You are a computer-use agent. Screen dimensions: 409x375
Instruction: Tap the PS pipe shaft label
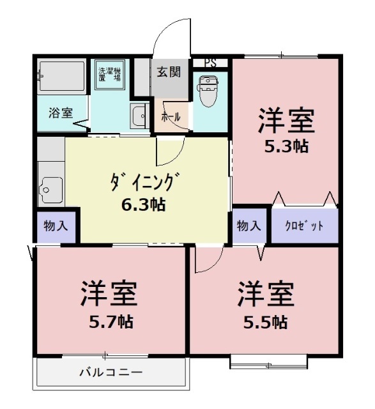tap(210, 63)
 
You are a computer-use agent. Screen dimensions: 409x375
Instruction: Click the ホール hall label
tap(170, 118)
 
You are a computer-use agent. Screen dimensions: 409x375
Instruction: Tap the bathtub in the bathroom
tap(61, 77)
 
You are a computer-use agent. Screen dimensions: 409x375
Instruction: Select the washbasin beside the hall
tap(139, 116)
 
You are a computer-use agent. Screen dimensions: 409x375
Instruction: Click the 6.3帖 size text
tap(144, 205)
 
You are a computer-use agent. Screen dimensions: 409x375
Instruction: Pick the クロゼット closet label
tap(304, 226)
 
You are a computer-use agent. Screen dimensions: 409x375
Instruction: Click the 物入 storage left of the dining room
tap(56, 226)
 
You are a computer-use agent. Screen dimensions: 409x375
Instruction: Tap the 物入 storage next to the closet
tap(249, 226)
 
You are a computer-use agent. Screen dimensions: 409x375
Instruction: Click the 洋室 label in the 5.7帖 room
tap(109, 295)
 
